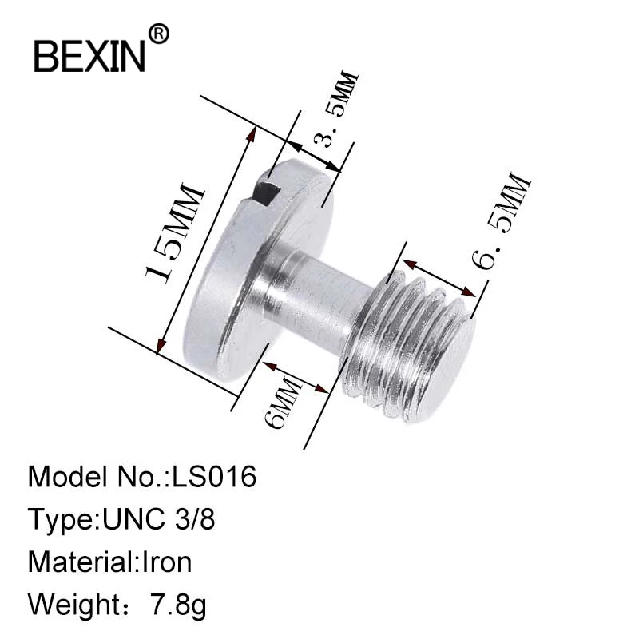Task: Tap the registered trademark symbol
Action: pyautogui.click(x=160, y=34)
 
